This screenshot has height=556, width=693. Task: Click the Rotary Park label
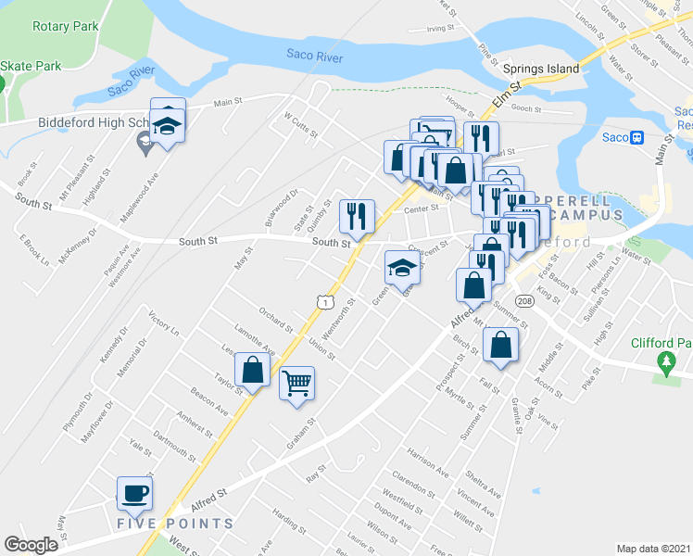pyautogui.click(x=65, y=27)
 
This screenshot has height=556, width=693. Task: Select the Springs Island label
pyautogui.click(x=540, y=69)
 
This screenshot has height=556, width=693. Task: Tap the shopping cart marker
pyautogui.click(x=296, y=382)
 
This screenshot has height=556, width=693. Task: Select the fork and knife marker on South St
pyautogui.click(x=357, y=216)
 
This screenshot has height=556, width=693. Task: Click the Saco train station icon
pyautogui.click(x=636, y=138)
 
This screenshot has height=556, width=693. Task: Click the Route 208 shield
pyautogui.click(x=524, y=302)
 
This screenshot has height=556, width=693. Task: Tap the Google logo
pyautogui.click(x=31, y=545)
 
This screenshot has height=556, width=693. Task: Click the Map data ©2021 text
pyautogui.click(x=653, y=548)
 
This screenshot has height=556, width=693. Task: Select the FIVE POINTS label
pyautogui.click(x=174, y=524)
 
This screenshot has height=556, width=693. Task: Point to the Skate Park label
pyautogui.click(x=31, y=66)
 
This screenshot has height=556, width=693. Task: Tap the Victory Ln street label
pyautogui.click(x=163, y=325)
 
